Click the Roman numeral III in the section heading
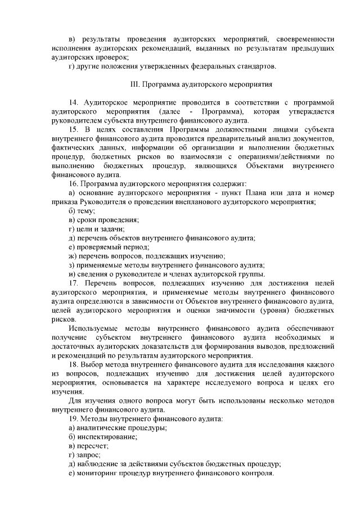click(134, 85)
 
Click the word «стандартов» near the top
click(256, 67)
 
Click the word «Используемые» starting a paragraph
click(92, 327)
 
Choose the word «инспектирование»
click(107, 438)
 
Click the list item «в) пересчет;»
click(88, 447)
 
